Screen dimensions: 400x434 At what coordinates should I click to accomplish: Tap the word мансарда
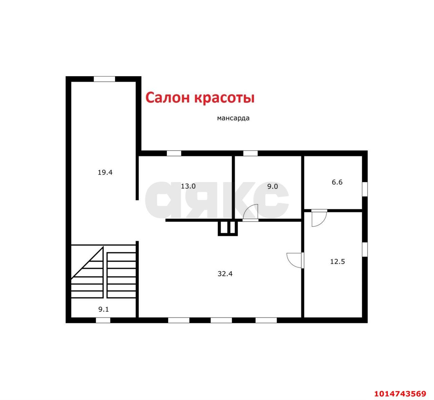[233, 118]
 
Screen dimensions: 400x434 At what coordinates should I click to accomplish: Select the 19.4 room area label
[105, 172]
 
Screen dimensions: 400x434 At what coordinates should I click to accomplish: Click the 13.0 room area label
[188, 186]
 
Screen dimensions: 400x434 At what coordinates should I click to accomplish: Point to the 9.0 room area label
[272, 186]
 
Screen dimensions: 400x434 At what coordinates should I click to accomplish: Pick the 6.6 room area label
[337, 182]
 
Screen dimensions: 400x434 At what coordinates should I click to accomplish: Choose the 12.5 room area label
[337, 261]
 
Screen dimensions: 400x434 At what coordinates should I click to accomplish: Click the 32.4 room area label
[225, 274]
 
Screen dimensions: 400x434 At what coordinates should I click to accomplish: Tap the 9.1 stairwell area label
[103, 309]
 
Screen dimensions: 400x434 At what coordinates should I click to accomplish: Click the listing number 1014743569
[400, 394]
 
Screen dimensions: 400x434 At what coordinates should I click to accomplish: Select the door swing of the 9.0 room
[251, 213]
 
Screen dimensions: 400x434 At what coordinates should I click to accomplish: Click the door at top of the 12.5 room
[319, 218]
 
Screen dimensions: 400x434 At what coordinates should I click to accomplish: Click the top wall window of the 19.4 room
[104, 79]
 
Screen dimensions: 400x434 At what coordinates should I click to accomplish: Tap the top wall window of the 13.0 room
[174, 153]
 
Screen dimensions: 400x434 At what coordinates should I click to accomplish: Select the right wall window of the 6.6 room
[365, 189]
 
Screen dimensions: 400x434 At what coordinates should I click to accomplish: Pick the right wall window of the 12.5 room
[365, 249]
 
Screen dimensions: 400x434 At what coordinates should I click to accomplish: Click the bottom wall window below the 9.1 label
[103, 320]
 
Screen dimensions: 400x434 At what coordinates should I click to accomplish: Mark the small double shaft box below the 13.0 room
[228, 228]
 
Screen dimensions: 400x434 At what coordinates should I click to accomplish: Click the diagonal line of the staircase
[87, 263]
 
